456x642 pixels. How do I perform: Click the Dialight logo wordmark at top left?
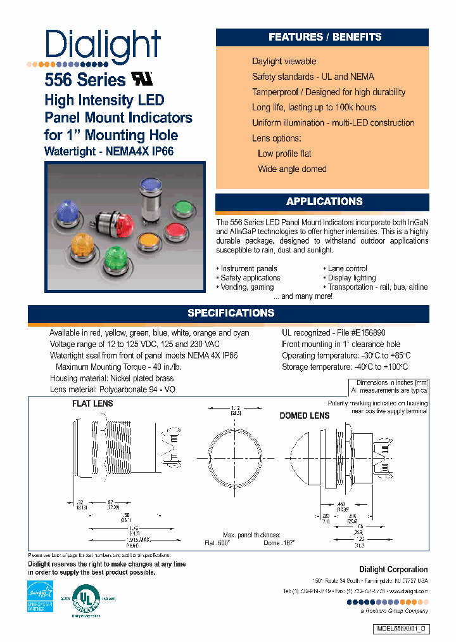tap(103, 46)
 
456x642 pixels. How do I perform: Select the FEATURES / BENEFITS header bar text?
tap(324, 37)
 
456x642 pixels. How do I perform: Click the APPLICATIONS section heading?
tap(324, 202)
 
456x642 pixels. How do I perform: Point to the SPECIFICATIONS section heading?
tap(231, 313)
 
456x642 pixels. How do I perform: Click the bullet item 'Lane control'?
tap(347, 268)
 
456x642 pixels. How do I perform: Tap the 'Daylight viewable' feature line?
tap(284, 62)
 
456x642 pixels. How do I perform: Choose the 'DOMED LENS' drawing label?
tap(305, 416)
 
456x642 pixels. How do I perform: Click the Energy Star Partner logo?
tap(40, 594)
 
